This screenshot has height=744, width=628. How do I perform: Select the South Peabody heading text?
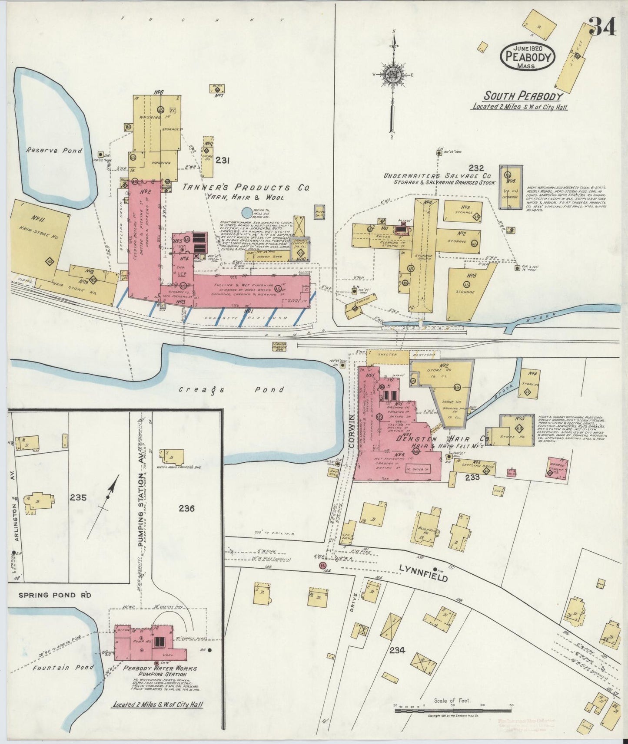(x=523, y=96)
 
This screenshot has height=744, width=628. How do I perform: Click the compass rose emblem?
(x=393, y=76)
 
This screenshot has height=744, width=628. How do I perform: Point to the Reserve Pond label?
(x=54, y=151)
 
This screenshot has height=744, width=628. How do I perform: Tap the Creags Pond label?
(x=232, y=390)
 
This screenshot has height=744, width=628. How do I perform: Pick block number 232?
(x=476, y=167)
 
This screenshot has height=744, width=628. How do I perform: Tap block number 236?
(x=186, y=508)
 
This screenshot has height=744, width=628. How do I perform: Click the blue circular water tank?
(x=246, y=213)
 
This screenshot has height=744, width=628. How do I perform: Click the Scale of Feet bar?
(x=453, y=711)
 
